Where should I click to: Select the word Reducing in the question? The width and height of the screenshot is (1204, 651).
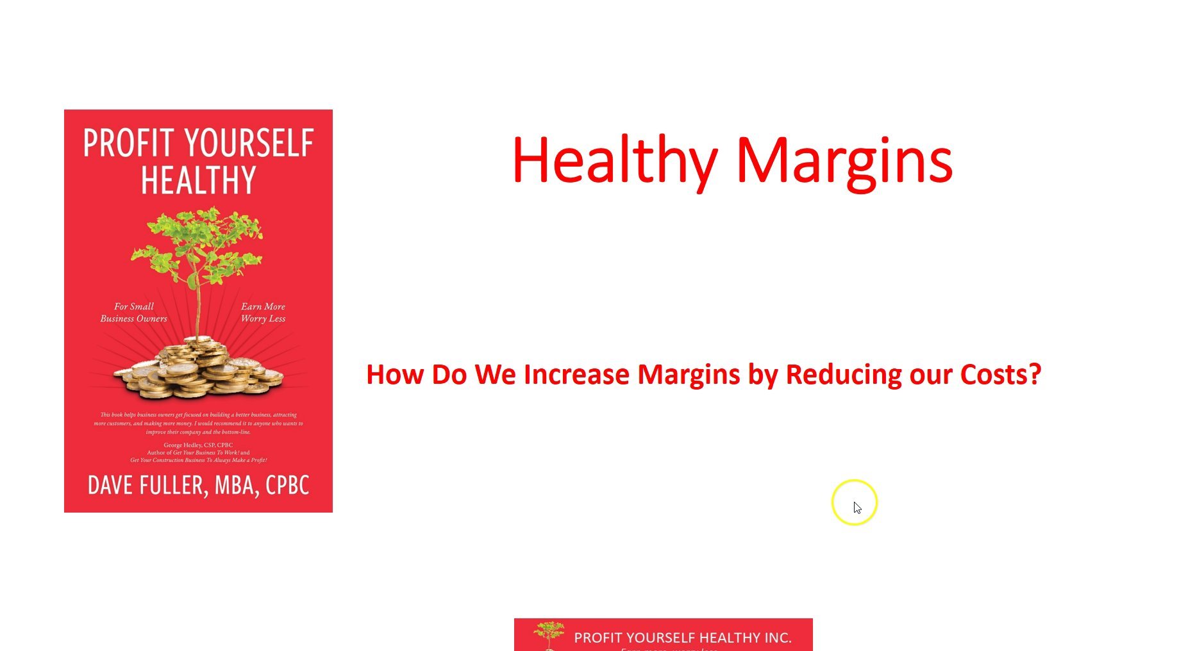[x=842, y=374]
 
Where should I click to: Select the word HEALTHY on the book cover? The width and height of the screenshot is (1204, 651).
[x=198, y=180]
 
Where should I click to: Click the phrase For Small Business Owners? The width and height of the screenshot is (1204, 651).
[x=133, y=312]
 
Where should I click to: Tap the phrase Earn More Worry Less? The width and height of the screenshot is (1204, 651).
[x=263, y=312]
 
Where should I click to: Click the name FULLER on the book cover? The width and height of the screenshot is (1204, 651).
[x=173, y=485]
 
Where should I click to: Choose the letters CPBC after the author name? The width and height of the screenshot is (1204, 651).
[x=287, y=485]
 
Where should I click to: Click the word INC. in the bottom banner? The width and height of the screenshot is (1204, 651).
[x=777, y=638]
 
